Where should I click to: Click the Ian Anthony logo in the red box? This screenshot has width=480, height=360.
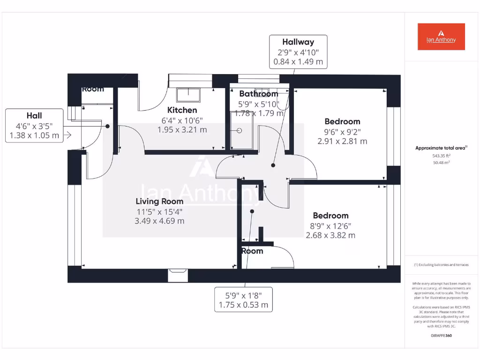point(441,37)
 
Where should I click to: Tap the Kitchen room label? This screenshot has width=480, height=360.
point(182,110)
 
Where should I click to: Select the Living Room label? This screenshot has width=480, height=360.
point(159,201)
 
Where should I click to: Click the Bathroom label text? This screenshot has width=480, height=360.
point(258,94)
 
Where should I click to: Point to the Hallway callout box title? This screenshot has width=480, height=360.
point(298,42)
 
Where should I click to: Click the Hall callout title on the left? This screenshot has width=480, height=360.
point(34,116)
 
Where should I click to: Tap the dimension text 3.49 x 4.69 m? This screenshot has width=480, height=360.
point(159,221)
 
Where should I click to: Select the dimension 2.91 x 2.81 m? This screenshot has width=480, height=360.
point(342,141)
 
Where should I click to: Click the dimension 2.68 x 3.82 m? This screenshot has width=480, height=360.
point(330,235)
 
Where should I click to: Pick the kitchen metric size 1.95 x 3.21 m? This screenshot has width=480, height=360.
point(182,130)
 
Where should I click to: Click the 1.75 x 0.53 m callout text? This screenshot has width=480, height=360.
point(244,305)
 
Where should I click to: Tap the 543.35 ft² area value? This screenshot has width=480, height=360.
point(441,156)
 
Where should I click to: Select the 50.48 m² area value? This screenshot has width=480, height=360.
point(441,163)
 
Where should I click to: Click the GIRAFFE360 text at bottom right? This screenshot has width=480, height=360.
point(441,336)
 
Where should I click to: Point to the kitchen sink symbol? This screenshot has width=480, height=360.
point(188,96)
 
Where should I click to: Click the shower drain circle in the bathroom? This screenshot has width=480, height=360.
point(239,132)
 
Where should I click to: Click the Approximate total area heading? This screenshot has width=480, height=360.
point(441,148)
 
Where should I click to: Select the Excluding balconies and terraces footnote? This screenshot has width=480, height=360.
point(441,265)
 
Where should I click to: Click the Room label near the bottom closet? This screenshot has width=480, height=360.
point(252,251)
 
